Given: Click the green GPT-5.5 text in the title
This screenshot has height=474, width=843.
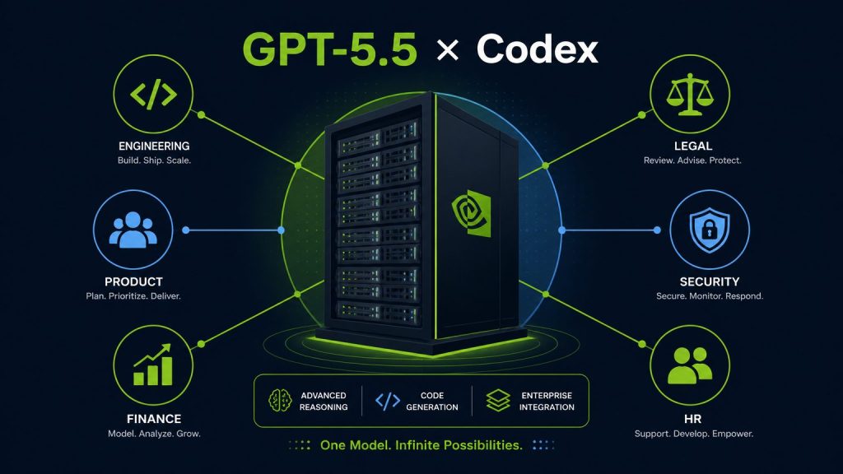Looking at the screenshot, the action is pyautogui.click(x=329, y=49).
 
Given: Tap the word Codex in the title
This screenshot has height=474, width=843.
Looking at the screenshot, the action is pyautogui.click(x=537, y=49).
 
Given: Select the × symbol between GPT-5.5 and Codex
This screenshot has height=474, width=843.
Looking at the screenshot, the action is pyautogui.click(x=447, y=50).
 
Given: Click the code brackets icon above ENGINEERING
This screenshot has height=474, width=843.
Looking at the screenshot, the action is pyautogui.click(x=153, y=95).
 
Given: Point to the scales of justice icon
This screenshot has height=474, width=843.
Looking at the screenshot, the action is pyautogui.click(x=690, y=95).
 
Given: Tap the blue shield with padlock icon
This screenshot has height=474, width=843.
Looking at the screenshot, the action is pyautogui.click(x=710, y=230).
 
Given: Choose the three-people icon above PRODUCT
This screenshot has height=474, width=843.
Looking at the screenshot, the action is pyautogui.click(x=133, y=230).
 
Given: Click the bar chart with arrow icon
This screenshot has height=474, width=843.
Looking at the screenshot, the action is pyautogui.click(x=152, y=365).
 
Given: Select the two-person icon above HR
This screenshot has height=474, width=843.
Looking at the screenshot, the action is pyautogui.click(x=690, y=365).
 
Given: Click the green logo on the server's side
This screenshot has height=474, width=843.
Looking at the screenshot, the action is pyautogui.click(x=472, y=213).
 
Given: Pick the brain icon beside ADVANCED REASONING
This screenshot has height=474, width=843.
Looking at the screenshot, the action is pyautogui.click(x=280, y=401).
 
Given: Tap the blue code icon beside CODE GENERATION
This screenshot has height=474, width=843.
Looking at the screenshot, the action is pyautogui.click(x=388, y=401).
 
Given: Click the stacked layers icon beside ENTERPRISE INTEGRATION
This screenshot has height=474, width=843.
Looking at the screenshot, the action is pyautogui.click(x=498, y=401).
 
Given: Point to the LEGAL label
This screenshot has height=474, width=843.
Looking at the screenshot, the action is pyautogui.click(x=693, y=146).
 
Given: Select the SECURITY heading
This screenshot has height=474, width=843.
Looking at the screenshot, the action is pyautogui.click(x=709, y=281).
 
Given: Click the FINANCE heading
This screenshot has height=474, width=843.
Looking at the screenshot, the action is pyautogui.click(x=154, y=419).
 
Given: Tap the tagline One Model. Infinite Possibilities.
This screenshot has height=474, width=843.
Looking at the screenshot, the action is pyautogui.click(x=421, y=445).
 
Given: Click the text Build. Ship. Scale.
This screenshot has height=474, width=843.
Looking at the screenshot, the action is pyautogui.click(x=154, y=160).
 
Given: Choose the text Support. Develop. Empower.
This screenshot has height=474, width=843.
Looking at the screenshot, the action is pyautogui.click(x=693, y=434).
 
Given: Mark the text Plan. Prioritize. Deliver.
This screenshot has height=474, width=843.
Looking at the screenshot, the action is pyautogui.click(x=133, y=296).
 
